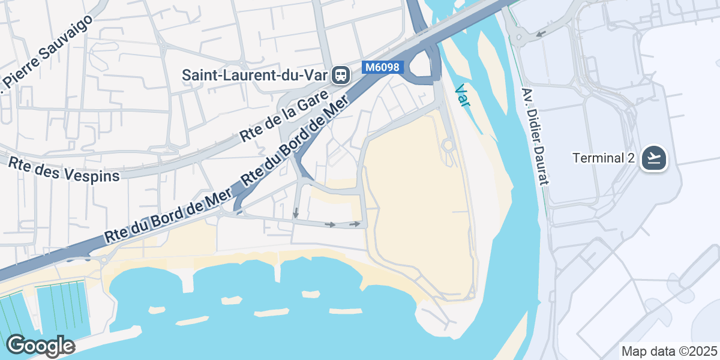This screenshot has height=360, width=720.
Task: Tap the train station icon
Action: pos(341,75)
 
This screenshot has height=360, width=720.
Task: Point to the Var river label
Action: pos(462,95)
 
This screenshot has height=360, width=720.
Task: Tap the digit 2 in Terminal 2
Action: pos(631,158)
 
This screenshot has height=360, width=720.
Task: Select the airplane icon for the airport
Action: pos(653,158)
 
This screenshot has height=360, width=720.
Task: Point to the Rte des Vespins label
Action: pos(64,169)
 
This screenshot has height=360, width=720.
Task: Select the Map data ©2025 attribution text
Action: pos(669,351)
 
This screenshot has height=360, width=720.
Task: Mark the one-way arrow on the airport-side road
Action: pos(541,33)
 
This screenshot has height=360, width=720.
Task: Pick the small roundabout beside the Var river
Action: pos(446,145)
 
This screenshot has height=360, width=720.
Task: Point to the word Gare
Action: pos(312,103)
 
